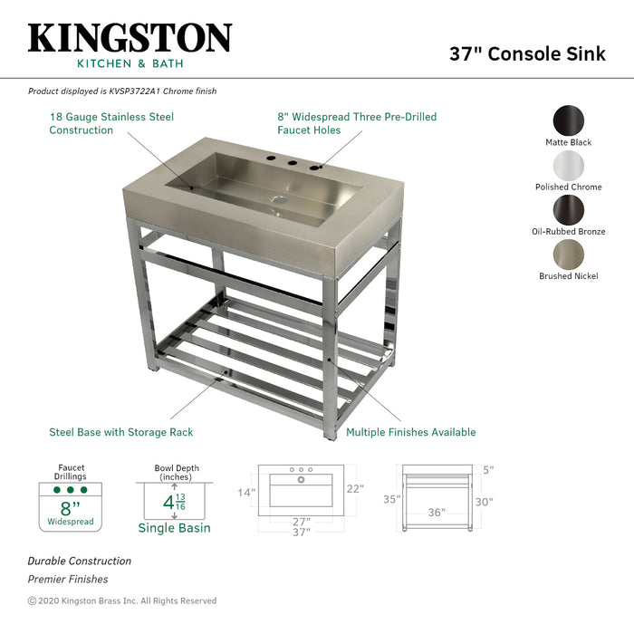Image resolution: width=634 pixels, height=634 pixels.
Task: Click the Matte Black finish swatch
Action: tap(568, 121)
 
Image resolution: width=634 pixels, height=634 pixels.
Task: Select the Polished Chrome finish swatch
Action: tap(568, 165)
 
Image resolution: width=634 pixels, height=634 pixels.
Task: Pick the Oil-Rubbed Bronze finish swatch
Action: tap(568, 209)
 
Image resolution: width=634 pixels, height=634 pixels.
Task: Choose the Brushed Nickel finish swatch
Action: tap(568, 254)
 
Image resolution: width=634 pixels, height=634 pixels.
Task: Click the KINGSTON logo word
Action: tap(130, 37)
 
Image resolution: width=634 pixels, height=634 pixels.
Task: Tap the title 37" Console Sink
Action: tap(527, 53)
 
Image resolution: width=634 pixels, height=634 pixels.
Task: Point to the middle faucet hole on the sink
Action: tap(292, 164)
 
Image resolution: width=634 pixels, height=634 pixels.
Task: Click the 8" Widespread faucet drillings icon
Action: tap(71, 505)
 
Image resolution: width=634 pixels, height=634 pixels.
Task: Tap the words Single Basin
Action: tap(174, 528)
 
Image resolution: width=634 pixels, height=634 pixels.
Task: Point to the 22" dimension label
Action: tap(355, 489)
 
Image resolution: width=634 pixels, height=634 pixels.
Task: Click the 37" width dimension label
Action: tap(302, 533)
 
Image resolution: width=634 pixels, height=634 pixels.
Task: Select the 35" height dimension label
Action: tap(391, 499)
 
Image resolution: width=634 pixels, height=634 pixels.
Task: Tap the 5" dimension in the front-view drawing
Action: tap(488, 470)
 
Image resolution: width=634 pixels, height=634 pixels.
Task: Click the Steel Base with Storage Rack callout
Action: tap(121, 432)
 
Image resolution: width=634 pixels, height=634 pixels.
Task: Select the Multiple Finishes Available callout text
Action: tap(410, 432)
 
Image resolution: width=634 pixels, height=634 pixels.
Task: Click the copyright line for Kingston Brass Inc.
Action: tap(122, 600)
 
